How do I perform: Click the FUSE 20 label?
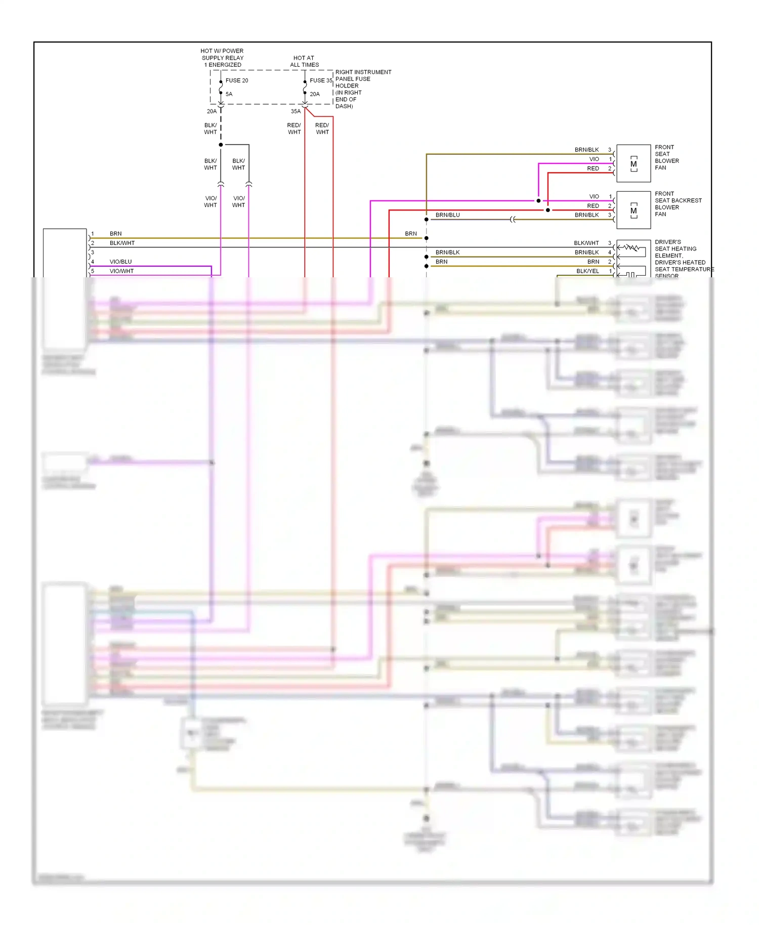236,80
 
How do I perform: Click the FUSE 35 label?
321,80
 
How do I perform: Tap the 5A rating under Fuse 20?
229,94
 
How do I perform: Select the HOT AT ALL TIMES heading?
304,61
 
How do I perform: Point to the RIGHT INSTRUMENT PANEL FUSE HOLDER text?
363,89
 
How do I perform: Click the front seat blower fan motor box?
633,163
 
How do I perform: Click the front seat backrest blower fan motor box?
633,210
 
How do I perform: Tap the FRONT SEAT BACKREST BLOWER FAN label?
678,204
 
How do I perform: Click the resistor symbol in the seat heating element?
631,247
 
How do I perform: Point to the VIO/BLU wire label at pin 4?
120,262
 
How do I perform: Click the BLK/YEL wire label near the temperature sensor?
587,271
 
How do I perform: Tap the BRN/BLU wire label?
447,215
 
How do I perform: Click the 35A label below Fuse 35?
296,111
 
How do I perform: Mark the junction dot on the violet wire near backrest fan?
538,201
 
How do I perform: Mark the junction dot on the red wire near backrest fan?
547,210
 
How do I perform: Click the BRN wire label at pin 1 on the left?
115,234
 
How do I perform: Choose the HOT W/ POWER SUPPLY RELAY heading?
222,58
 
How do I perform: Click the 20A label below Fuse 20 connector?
212,111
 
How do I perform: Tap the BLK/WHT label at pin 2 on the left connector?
122,243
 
